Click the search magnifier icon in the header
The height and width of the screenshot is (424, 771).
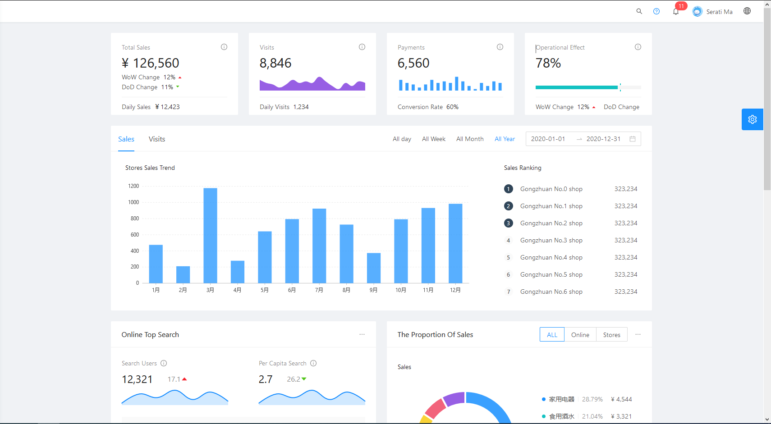(x=639, y=11)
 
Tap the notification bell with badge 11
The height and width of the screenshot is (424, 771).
(x=675, y=12)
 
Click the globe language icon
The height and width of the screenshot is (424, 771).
(x=747, y=11)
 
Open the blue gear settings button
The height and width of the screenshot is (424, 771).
(x=752, y=119)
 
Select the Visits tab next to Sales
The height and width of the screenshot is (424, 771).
(x=157, y=139)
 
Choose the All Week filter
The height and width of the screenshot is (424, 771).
(x=433, y=139)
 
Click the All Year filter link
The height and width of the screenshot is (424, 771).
(x=505, y=139)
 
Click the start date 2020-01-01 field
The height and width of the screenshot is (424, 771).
(x=548, y=139)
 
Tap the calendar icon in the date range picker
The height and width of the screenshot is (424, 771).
(x=633, y=139)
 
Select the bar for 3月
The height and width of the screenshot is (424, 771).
(x=210, y=235)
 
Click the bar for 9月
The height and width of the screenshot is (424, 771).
(x=374, y=268)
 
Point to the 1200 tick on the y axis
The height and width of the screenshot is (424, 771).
(x=133, y=186)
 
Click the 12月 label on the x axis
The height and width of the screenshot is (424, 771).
(x=455, y=290)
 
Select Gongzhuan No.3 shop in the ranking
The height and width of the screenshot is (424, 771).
(x=551, y=241)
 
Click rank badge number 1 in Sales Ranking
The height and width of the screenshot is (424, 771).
(x=508, y=189)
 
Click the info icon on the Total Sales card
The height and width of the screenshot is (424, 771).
(x=224, y=47)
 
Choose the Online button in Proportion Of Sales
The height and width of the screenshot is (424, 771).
(x=580, y=335)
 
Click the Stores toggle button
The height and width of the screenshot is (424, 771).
(x=611, y=335)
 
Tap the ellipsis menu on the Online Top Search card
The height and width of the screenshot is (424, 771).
(x=362, y=334)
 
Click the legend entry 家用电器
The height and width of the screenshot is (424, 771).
(x=561, y=399)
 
